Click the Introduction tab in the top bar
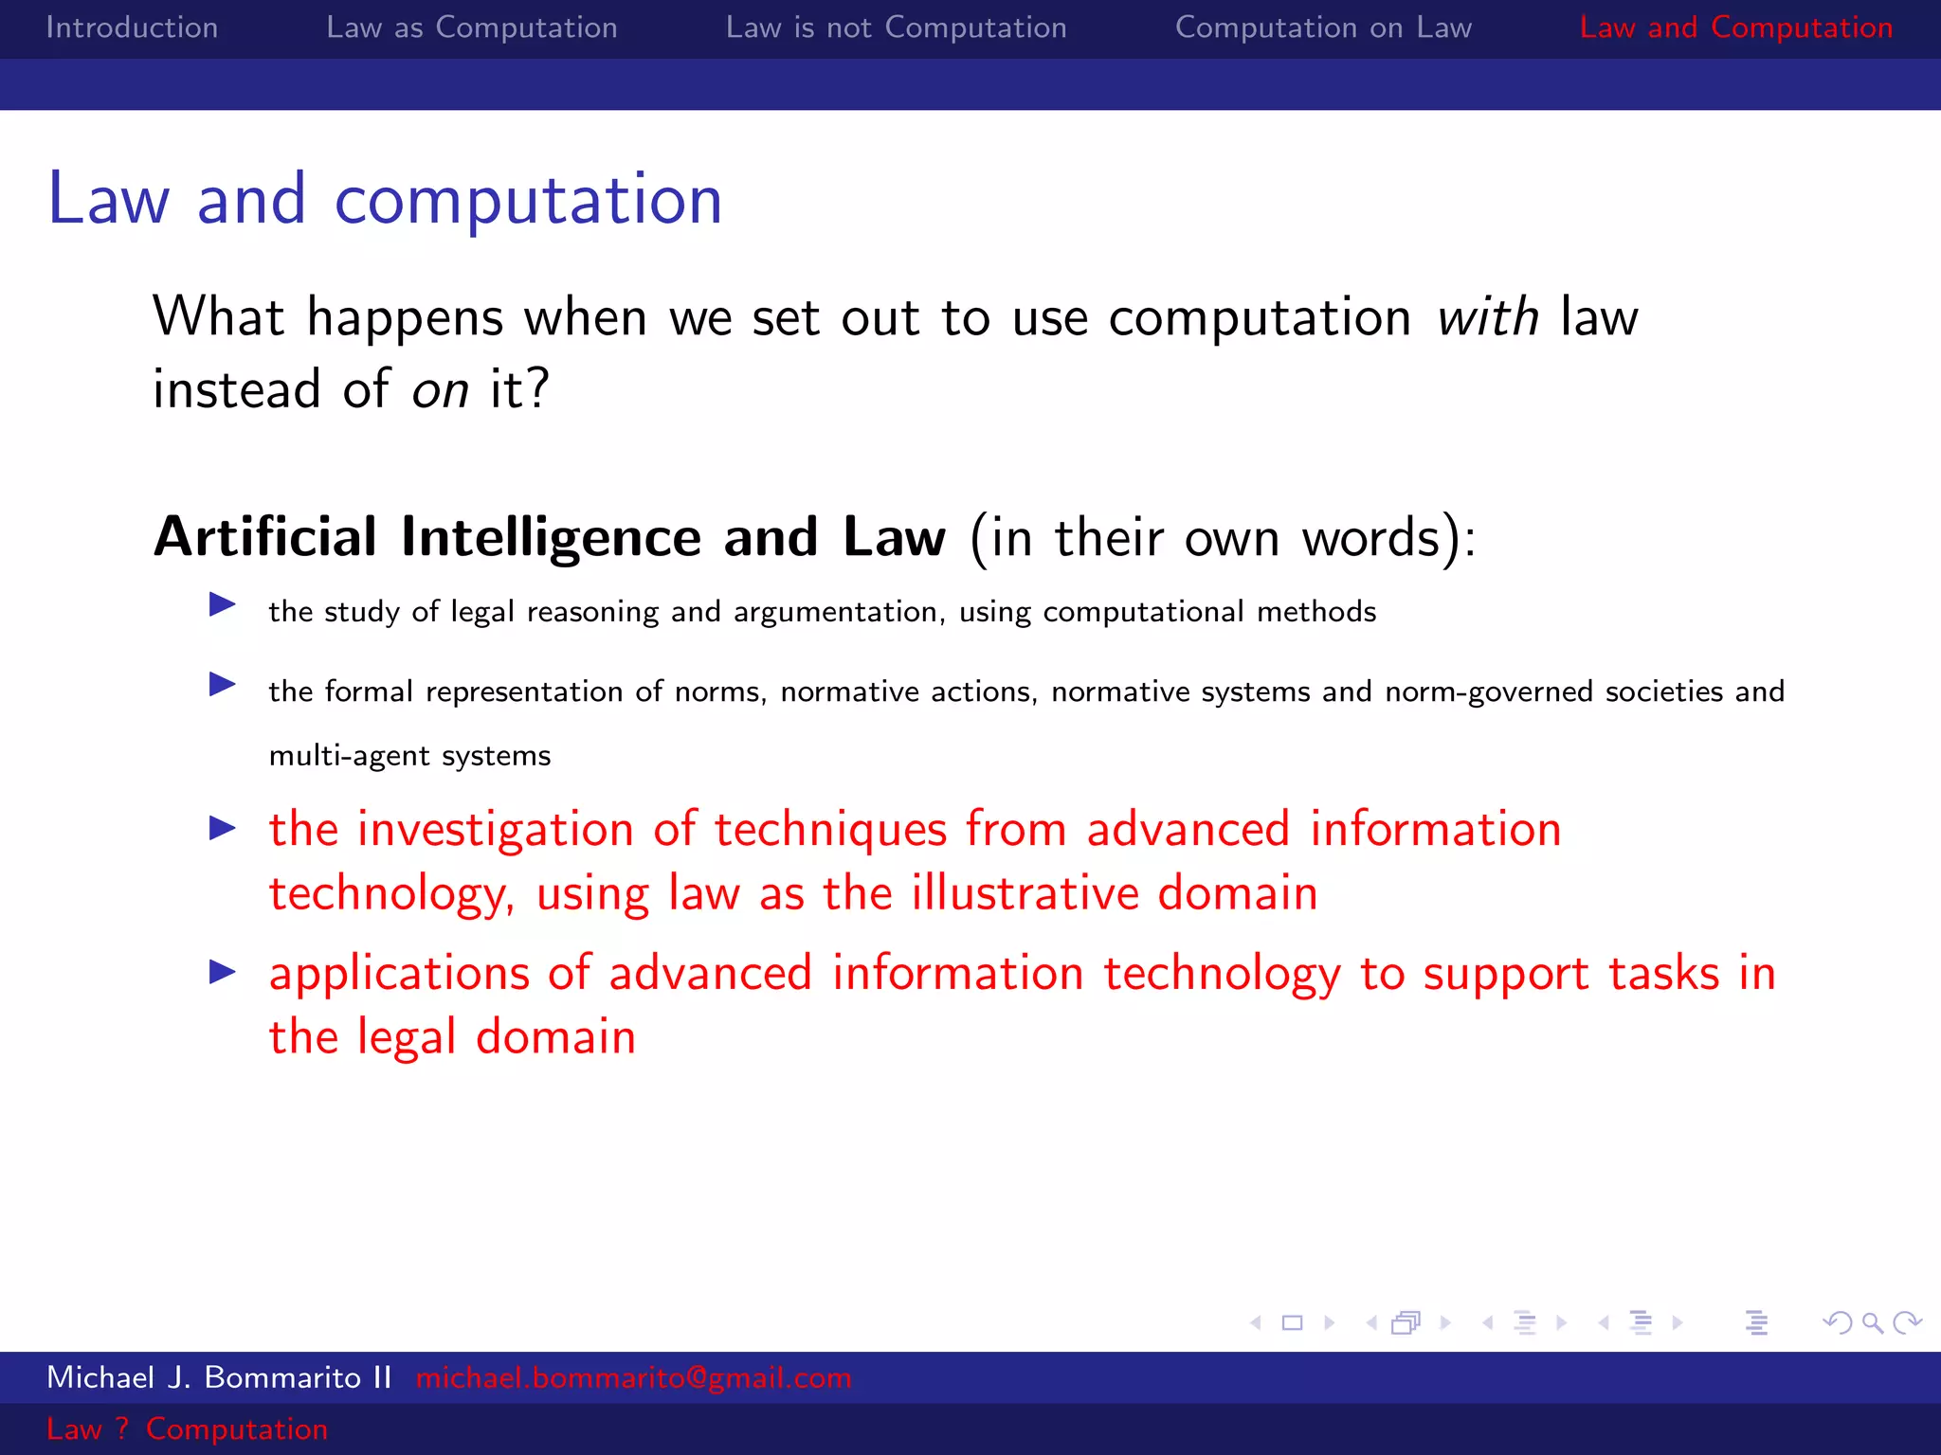tap(132, 27)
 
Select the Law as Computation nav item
tap(472, 27)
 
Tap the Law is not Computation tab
tap(896, 27)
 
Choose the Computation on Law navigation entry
tap(1323, 27)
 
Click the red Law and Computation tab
tap(1735, 27)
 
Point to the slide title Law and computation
tap(385, 200)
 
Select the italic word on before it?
tap(440, 389)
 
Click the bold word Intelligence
tap(551, 537)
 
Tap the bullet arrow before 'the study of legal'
tap(223, 604)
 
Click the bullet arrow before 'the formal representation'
tap(223, 684)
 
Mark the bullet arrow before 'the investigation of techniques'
tap(223, 828)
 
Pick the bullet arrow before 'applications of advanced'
tap(223, 971)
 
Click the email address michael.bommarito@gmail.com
tap(633, 1377)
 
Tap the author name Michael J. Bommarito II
tap(219, 1377)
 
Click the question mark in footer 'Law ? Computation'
tap(121, 1428)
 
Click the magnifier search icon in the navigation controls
tap(1872, 1322)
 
